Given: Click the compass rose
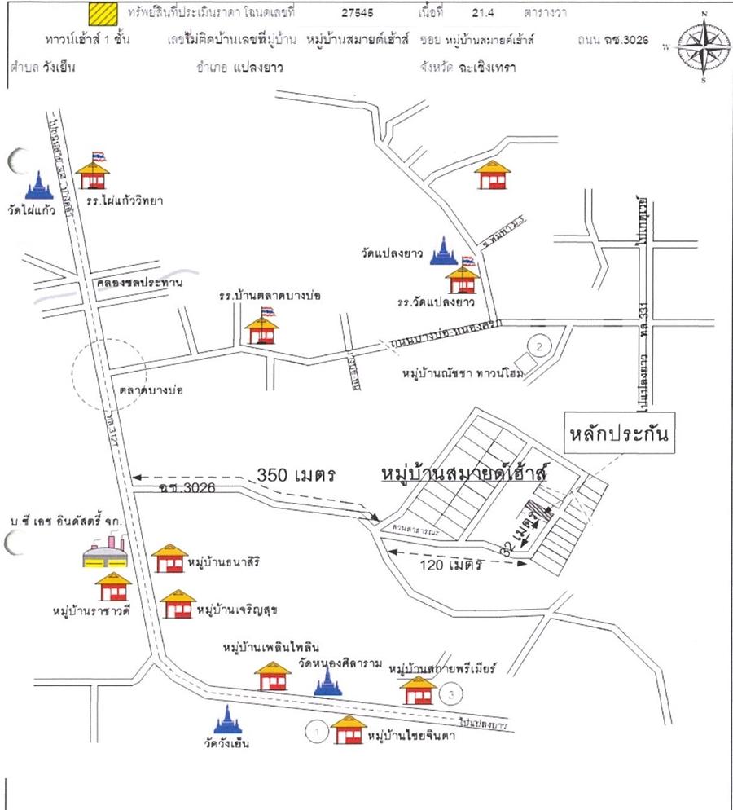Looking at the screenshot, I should (x=702, y=46).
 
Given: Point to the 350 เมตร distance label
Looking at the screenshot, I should (x=296, y=474).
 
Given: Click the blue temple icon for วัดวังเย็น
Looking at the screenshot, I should (x=227, y=720).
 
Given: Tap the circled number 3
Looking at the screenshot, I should (x=453, y=694).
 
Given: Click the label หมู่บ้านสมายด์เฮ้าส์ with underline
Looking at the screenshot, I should (x=465, y=473).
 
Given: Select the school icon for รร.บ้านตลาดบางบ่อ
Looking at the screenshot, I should (x=262, y=329).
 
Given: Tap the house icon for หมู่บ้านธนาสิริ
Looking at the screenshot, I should (x=169, y=559).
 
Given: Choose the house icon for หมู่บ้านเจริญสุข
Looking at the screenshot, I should (x=178, y=605).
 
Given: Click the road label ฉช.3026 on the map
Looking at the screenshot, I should (x=176, y=489).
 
